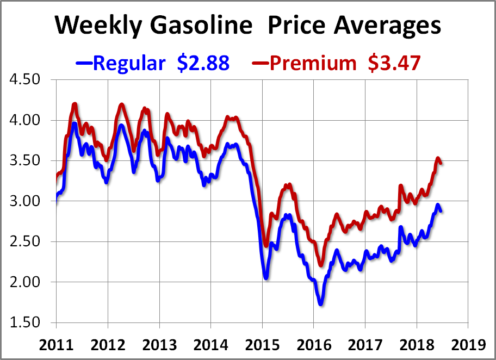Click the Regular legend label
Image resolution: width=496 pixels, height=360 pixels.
tap(129, 63)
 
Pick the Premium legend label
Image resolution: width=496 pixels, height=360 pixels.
tap(312, 63)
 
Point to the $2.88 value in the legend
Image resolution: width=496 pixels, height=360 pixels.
tap(203, 63)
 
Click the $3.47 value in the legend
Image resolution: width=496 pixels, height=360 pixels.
tap(394, 63)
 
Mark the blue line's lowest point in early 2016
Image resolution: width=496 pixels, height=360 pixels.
tap(321, 303)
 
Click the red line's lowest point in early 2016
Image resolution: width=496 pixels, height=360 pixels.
tap(321, 264)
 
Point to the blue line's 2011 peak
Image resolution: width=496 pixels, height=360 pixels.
tap(75, 124)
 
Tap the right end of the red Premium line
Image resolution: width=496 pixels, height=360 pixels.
tap(440, 163)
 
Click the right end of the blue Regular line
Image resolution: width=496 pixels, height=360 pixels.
tap(440, 210)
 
